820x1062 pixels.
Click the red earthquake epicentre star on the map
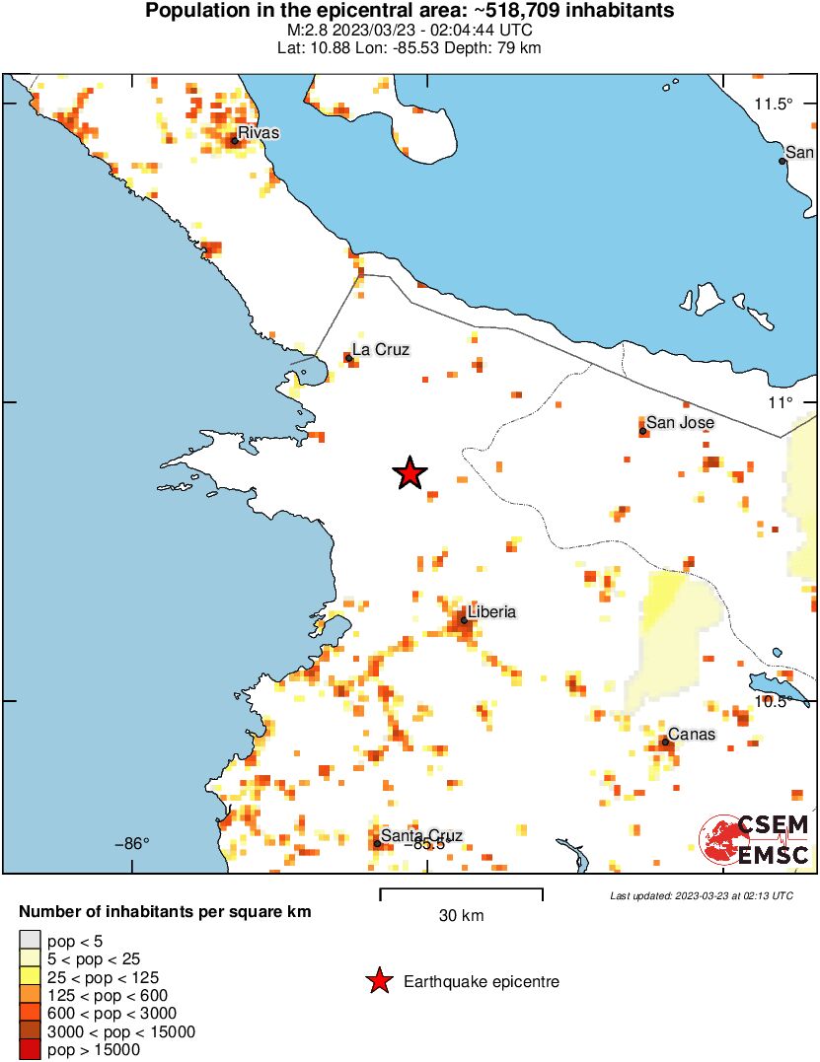point(410,474)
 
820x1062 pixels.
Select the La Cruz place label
point(381,349)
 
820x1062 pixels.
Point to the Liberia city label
point(491,611)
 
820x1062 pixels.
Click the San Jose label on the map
point(680,422)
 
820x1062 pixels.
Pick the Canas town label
point(692,734)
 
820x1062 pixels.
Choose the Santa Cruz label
point(421,836)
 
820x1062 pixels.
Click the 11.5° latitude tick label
point(774,105)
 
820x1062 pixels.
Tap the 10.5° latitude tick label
point(774,701)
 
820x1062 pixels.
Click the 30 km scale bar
point(461,893)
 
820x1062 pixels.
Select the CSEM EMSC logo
point(755,839)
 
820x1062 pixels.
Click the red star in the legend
point(378,981)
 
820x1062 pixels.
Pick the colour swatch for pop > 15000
point(30,1050)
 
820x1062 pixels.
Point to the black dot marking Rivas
point(235,141)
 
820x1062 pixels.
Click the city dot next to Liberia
point(463,620)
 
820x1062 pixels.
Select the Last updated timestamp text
point(701,895)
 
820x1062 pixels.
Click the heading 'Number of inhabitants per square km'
point(166,912)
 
